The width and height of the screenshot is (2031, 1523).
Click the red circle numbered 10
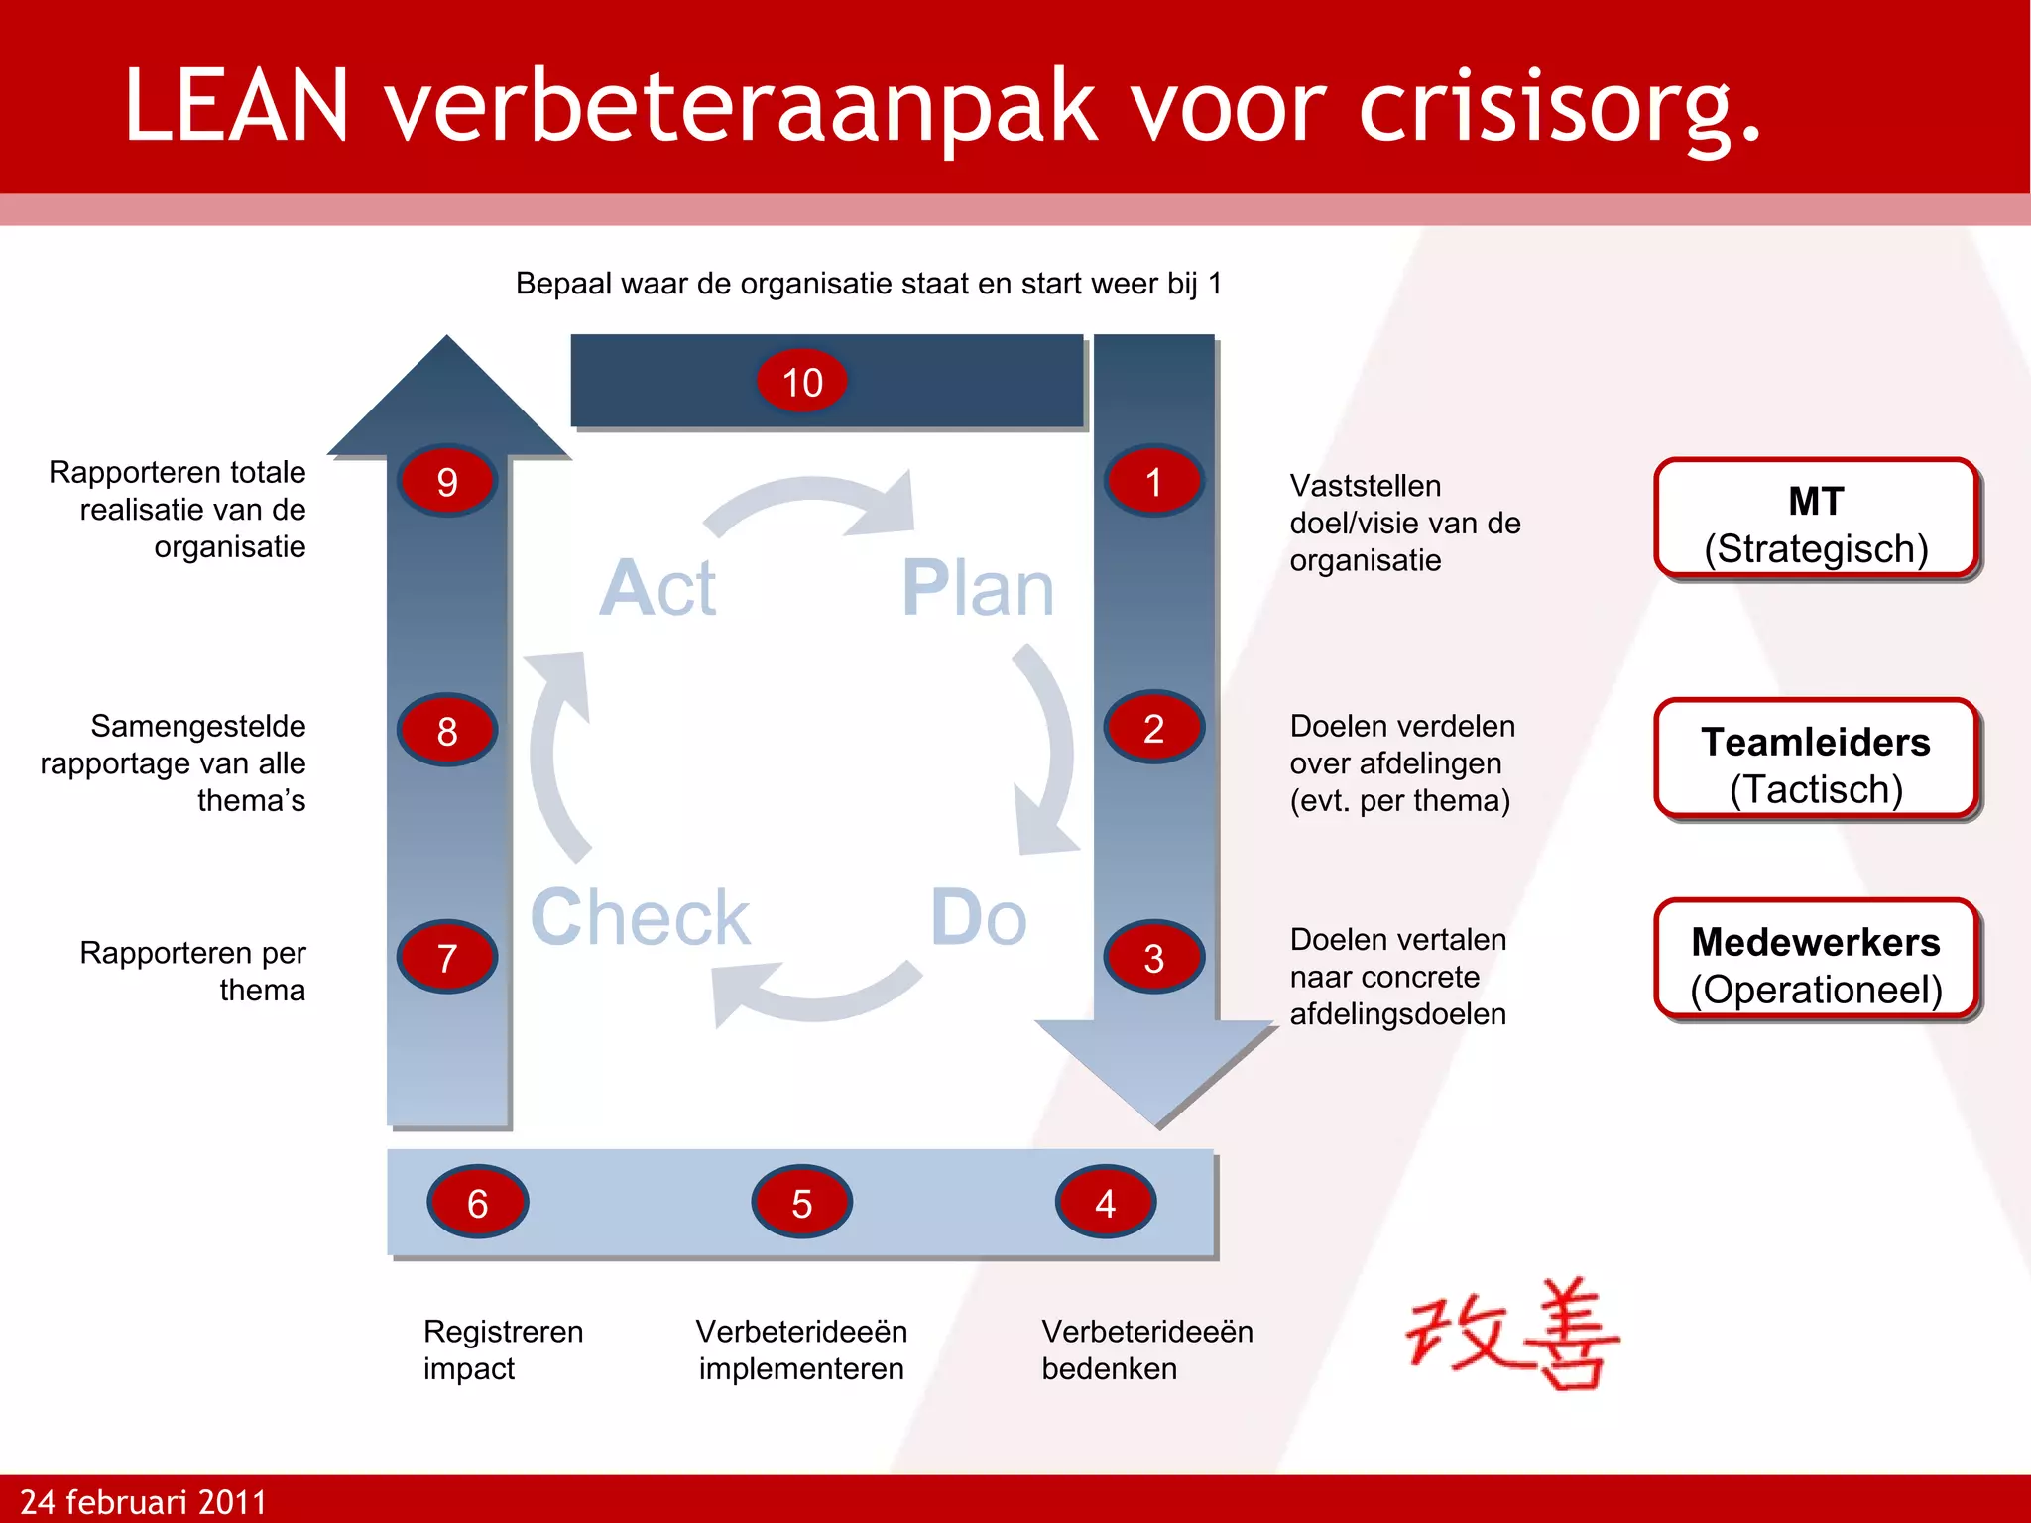coord(801,381)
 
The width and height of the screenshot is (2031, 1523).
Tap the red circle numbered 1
coord(1153,482)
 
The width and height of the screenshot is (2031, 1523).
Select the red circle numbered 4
coord(1105,1203)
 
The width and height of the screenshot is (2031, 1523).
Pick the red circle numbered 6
coord(477,1203)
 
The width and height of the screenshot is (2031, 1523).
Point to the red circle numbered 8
coord(447,731)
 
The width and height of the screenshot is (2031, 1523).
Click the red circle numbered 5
coord(801,1203)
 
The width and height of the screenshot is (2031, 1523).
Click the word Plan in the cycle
coord(977,588)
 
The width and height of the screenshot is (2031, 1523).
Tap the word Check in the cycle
coord(640,917)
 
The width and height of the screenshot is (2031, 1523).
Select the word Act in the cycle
coord(657,588)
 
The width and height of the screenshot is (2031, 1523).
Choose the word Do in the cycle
coord(978,917)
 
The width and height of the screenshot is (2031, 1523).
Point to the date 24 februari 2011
coord(144,1501)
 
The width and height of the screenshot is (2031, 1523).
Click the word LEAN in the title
coord(236,105)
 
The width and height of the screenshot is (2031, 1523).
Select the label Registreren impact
coord(503,1349)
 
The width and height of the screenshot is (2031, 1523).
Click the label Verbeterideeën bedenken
coord(1146,1349)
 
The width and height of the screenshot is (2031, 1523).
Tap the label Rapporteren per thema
coord(193,971)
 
